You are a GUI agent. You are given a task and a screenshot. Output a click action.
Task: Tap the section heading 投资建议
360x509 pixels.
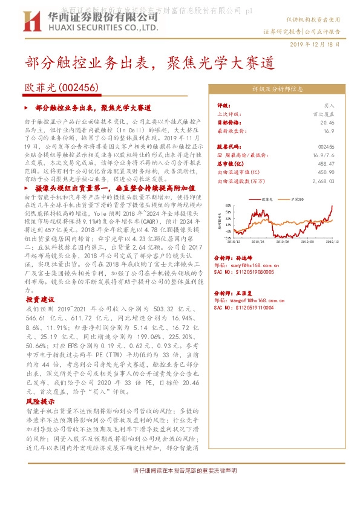pyautogui.click(x=40, y=299)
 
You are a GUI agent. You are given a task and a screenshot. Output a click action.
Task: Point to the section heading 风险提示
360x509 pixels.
pyautogui.click(x=40, y=401)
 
